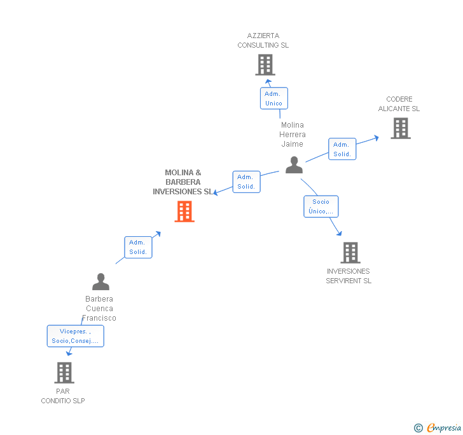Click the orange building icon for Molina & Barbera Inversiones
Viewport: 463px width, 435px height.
click(184, 211)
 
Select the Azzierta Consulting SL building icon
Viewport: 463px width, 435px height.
click(265, 65)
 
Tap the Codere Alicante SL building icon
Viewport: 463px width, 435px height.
click(400, 128)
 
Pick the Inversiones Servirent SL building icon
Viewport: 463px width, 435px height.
click(350, 253)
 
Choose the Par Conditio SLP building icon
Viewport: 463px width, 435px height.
click(64, 373)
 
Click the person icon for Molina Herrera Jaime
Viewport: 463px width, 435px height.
click(294, 164)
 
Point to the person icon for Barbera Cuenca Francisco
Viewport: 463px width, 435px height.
click(100, 281)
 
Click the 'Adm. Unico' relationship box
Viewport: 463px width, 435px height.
click(273, 98)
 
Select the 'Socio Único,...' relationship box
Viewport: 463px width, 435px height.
click(321, 206)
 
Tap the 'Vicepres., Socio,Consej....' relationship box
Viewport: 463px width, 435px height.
click(75, 336)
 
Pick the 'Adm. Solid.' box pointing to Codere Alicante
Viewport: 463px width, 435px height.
click(342, 149)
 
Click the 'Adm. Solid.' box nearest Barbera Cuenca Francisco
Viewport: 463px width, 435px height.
click(138, 247)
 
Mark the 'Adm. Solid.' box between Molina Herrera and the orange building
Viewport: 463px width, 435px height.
click(246, 182)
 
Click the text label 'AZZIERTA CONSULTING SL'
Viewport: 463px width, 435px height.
click(263, 41)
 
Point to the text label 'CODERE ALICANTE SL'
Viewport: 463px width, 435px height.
click(399, 104)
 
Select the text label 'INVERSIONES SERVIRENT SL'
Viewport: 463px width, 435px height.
click(349, 276)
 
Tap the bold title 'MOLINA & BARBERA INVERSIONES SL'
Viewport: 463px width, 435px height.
click(183, 182)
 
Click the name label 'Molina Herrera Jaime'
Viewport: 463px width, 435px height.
click(293, 135)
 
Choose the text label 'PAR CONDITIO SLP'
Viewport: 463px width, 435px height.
click(63, 396)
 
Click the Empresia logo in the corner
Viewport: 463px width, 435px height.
click(438, 427)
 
